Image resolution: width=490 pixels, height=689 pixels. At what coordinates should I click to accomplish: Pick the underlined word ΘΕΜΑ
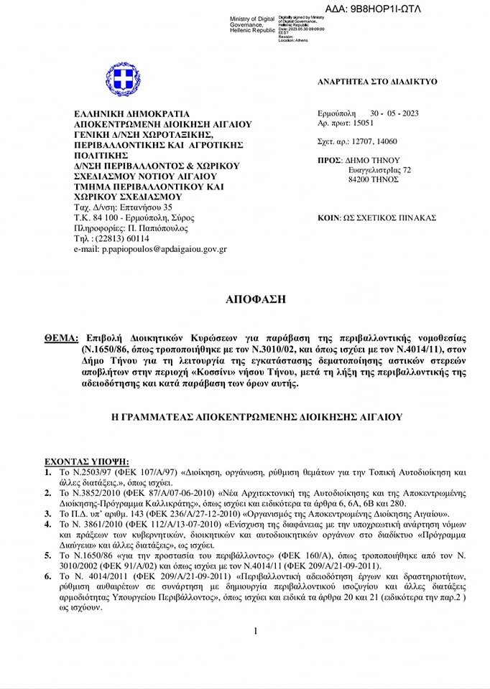pos(60,337)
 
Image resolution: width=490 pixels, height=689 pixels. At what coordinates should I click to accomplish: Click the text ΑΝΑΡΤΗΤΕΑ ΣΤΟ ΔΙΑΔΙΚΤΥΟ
pos(377,83)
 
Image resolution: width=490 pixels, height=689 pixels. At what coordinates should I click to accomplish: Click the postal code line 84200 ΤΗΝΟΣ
pos(372,180)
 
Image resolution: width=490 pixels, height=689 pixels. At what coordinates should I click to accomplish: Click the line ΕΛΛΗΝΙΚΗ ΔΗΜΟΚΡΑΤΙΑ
pos(131,113)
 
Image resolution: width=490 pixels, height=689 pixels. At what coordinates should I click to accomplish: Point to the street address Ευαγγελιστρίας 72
pos(379,170)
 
